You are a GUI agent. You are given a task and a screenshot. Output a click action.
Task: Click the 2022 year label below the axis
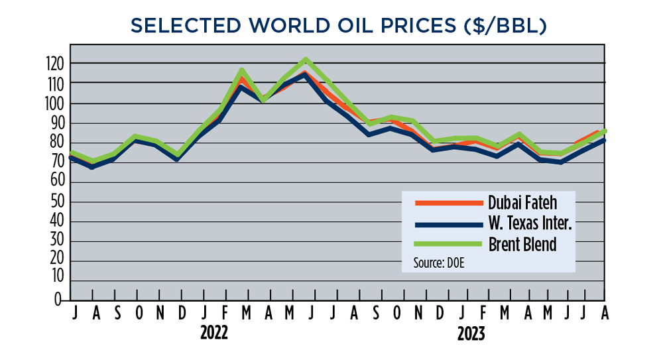(x=214, y=333)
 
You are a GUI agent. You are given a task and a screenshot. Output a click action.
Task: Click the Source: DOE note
(x=438, y=263)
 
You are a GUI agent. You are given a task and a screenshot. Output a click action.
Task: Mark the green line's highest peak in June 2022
(x=306, y=60)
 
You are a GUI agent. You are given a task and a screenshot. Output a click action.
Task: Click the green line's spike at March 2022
(x=242, y=70)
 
